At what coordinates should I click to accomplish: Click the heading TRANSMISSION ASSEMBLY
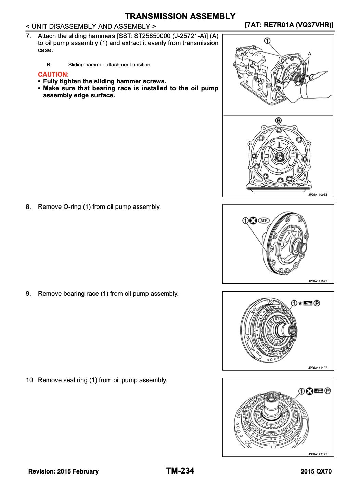180,16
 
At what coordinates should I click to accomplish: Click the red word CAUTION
53,74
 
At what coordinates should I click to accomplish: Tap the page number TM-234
180,471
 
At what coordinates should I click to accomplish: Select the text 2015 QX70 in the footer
316,472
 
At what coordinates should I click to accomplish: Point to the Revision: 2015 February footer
63,472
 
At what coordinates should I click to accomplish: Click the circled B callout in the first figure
279,120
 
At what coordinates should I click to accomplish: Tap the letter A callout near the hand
309,54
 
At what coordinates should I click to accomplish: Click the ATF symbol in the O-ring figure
263,221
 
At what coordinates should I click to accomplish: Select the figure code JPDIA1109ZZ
318,195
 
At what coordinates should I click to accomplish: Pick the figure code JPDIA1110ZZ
318,281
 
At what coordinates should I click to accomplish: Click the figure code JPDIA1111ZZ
318,368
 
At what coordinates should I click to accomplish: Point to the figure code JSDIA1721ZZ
318,454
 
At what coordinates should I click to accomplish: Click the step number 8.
28,207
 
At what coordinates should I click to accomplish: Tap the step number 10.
30,380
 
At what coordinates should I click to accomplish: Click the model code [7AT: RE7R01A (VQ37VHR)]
290,25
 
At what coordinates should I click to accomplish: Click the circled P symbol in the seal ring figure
327,391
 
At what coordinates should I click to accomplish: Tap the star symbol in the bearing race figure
300,303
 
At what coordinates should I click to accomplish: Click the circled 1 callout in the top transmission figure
267,41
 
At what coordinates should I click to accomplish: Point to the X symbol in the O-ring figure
253,221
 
